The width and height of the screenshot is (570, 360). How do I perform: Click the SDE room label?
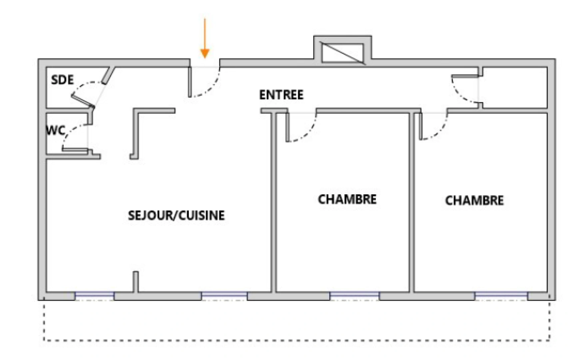pyautogui.click(x=62, y=80)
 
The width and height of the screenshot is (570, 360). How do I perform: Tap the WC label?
pyautogui.click(x=56, y=131)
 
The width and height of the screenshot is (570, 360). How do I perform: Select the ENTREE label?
pyautogui.click(x=281, y=95)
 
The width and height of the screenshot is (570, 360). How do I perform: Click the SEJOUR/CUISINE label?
pyautogui.click(x=176, y=215)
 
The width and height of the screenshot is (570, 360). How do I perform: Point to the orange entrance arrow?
pyautogui.click(x=205, y=38)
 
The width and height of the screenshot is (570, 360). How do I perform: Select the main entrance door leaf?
pyautogui.click(x=190, y=82)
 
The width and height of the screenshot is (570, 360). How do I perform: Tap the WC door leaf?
pyautogui.click(x=75, y=150)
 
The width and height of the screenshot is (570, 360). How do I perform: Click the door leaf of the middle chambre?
pyautogui.click(x=287, y=127)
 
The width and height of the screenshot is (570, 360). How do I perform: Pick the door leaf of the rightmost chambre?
pyautogui.click(x=421, y=126)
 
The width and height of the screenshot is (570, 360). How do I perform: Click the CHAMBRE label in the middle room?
pyautogui.click(x=347, y=199)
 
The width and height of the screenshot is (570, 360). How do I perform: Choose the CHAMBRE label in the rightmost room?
pyautogui.click(x=474, y=200)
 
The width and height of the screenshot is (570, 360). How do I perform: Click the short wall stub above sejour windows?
pyautogui.click(x=136, y=282)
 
